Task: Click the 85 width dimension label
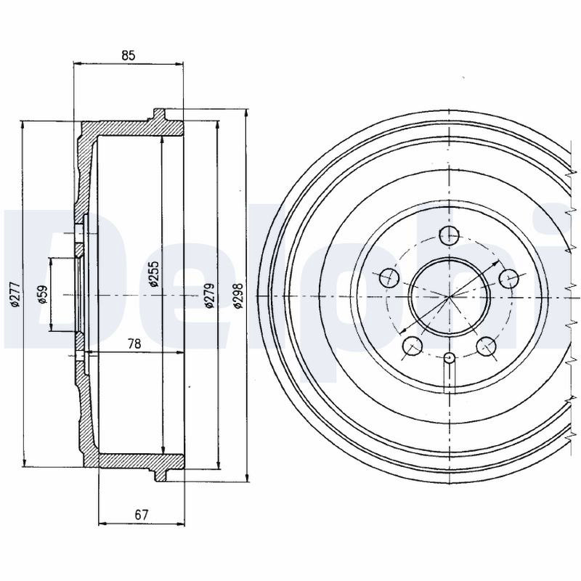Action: (x=129, y=55)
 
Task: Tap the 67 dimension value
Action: (x=141, y=515)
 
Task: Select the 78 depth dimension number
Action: (x=134, y=344)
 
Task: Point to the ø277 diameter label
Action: (x=15, y=295)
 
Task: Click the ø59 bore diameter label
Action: (x=43, y=295)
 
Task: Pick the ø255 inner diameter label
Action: (x=153, y=275)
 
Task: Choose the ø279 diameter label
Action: (x=209, y=296)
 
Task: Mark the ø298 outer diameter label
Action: (x=237, y=296)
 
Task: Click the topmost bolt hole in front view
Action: (x=449, y=235)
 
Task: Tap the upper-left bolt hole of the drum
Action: (x=390, y=277)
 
